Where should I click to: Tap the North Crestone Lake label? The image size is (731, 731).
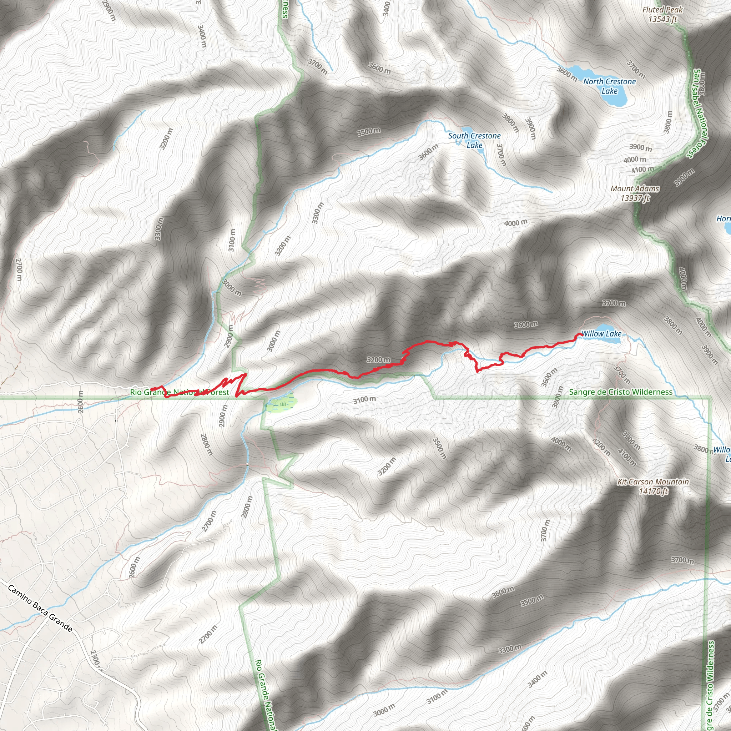[x=609, y=86]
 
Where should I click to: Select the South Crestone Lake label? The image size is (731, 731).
[x=474, y=140]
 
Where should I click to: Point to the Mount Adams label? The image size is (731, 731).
[x=635, y=188]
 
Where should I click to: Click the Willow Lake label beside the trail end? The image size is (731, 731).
[x=601, y=334]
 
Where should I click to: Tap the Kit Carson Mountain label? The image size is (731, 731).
[x=653, y=482]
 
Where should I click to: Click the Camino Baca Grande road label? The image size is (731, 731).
[x=40, y=609]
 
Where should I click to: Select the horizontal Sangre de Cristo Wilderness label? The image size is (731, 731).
[x=620, y=392]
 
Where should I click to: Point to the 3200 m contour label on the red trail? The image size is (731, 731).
[x=378, y=359]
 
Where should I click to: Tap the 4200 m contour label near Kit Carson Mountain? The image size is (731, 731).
[x=601, y=447]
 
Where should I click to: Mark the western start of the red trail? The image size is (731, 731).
[x=152, y=389]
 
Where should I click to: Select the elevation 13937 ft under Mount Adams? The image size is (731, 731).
[x=635, y=197]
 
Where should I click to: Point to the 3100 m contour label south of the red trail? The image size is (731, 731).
[x=364, y=399]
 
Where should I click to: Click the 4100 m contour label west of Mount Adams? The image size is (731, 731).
[x=642, y=170]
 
